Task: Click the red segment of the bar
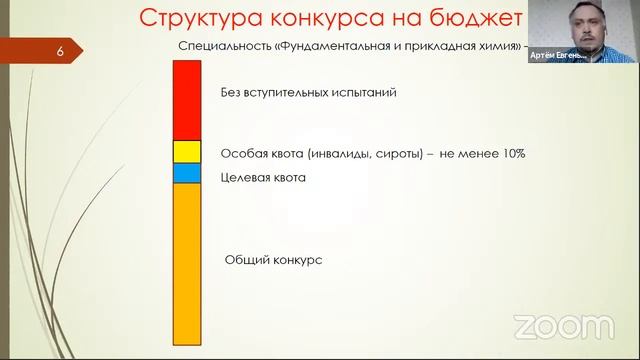[188, 100]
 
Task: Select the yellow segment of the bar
[188, 152]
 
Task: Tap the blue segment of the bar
[188, 174]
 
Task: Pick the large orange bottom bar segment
[188, 264]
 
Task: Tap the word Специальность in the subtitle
[216, 47]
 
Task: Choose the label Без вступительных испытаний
[309, 92]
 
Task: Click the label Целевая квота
[263, 177]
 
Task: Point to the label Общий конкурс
[273, 259]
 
